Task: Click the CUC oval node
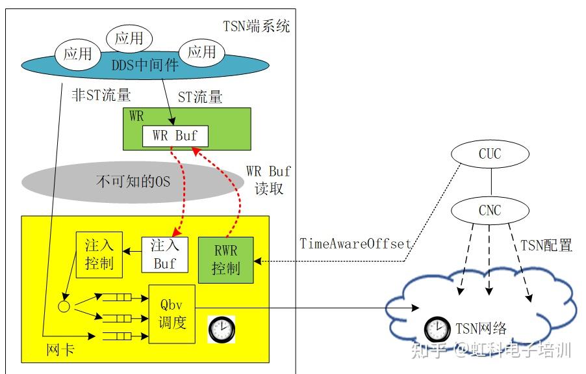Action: pyautogui.click(x=489, y=155)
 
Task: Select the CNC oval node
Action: pyautogui.click(x=489, y=211)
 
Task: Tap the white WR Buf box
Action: pyautogui.click(x=175, y=137)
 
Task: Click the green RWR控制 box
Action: pyautogui.click(x=225, y=260)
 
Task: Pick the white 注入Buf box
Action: pyautogui.click(x=164, y=254)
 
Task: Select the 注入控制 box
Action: pyautogui.click(x=99, y=254)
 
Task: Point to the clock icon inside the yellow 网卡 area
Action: pyautogui.click(x=221, y=329)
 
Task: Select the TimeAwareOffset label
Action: pyautogui.click(x=355, y=244)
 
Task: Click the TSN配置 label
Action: pyautogui.click(x=546, y=245)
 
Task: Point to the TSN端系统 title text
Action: pyautogui.click(x=255, y=27)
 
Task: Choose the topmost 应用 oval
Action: pyautogui.click(x=129, y=38)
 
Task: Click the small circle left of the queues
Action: pyautogui.click(x=64, y=305)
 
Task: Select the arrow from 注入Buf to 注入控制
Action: pyautogui.click(x=132, y=250)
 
